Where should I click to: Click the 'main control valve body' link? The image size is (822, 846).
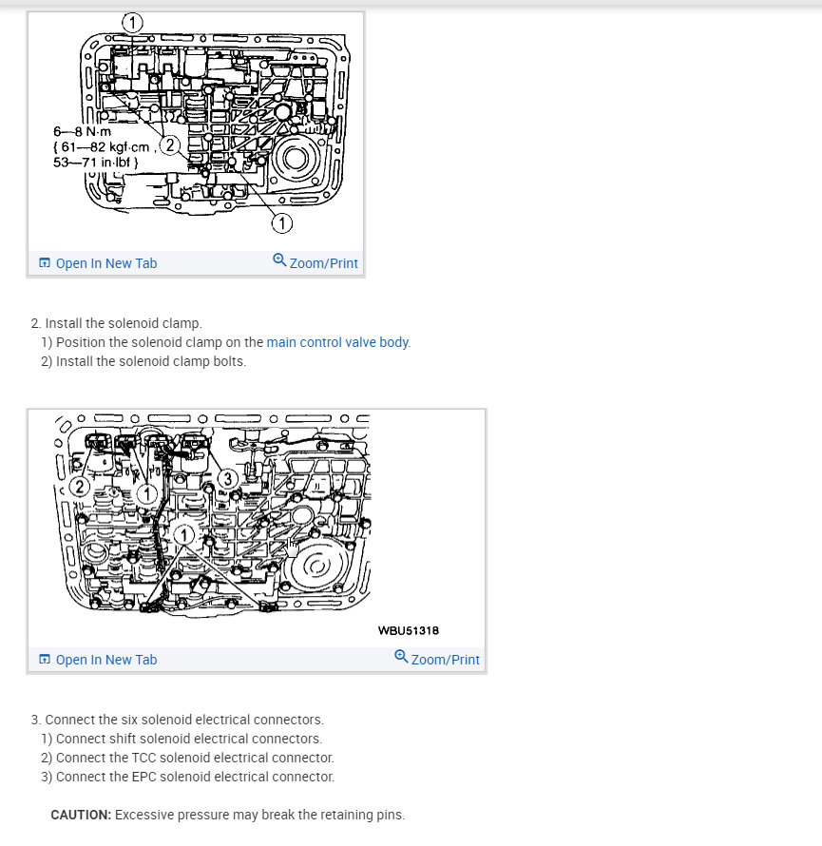coord(337,342)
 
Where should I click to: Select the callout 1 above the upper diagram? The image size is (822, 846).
coord(133,21)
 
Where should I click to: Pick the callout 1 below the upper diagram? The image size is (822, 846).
coord(281,223)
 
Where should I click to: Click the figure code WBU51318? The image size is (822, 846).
coord(408,629)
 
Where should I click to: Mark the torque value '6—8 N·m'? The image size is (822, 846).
coord(82,131)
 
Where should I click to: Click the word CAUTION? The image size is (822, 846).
coord(81,815)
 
